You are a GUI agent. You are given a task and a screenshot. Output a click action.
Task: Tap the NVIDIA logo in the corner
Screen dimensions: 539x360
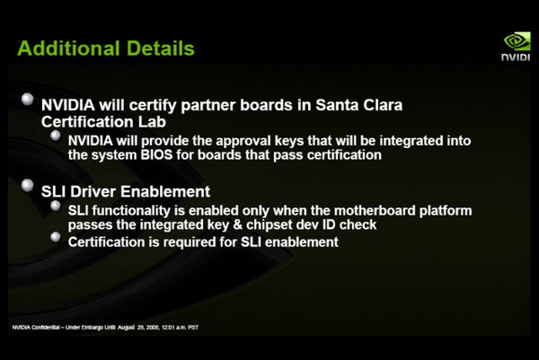coord(516,47)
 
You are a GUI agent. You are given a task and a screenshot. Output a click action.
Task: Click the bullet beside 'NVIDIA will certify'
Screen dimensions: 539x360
coord(28,99)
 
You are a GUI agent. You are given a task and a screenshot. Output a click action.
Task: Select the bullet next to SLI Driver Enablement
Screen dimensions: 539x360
coord(28,185)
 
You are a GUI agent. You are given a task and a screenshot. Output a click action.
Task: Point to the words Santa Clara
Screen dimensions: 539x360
coord(358,105)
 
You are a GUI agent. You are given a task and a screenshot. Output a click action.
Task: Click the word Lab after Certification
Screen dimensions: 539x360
coord(152,122)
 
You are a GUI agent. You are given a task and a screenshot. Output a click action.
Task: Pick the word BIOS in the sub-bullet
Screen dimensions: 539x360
coord(156,155)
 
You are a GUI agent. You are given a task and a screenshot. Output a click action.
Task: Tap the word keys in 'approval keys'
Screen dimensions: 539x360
coord(289,141)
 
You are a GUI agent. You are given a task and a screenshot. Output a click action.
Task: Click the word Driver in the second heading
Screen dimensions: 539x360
coord(93,191)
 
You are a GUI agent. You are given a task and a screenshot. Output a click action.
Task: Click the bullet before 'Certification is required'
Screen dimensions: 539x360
coord(56,237)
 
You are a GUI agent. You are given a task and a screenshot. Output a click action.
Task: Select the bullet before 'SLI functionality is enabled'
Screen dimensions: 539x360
coord(56,206)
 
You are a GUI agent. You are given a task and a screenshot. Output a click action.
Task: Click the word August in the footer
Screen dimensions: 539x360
coord(126,328)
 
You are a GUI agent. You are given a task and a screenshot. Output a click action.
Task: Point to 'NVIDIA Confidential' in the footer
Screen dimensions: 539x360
coord(36,328)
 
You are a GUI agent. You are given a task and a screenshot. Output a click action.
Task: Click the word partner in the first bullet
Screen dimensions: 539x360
coord(208,105)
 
